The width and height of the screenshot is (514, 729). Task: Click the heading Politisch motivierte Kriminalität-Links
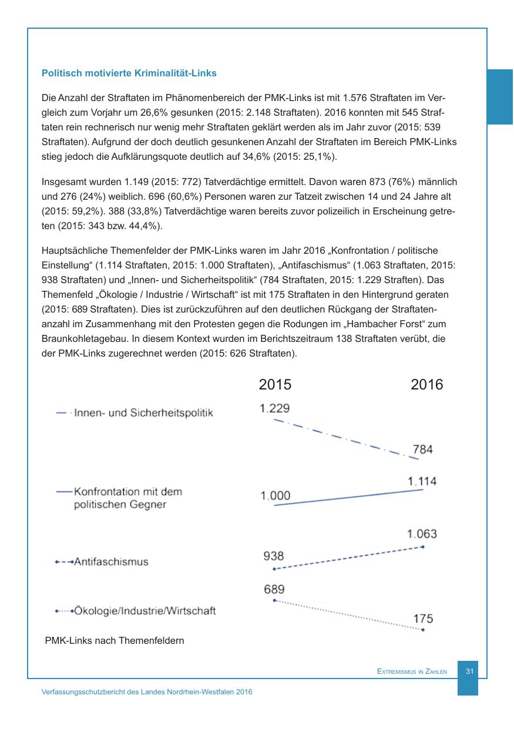[x=129, y=73]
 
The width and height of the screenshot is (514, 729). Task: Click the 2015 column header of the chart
[x=275, y=385]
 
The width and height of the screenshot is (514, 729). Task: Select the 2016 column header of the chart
[x=426, y=385]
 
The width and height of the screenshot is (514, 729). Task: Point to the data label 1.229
[x=275, y=408]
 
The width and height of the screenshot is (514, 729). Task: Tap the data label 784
[x=423, y=449]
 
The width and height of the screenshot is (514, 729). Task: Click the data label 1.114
[x=422, y=481]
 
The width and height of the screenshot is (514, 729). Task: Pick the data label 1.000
[x=275, y=496]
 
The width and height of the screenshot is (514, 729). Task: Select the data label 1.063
[x=422, y=534]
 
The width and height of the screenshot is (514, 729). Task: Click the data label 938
[x=274, y=556]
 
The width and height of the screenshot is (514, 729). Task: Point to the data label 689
[x=274, y=589]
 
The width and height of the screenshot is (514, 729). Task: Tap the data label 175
[x=423, y=619]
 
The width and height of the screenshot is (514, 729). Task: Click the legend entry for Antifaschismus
[x=111, y=562]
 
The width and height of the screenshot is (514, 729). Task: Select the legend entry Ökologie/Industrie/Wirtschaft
[x=145, y=611]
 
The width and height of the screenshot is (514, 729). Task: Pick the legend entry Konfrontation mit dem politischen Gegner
[x=127, y=498]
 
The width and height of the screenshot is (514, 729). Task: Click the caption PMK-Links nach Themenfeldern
[x=115, y=640]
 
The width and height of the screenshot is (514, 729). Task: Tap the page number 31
[x=469, y=671]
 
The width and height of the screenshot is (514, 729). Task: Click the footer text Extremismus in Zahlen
[x=412, y=671]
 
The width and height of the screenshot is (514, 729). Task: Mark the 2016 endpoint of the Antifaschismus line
[x=423, y=547]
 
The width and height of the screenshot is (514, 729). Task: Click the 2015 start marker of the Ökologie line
[x=274, y=600]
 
